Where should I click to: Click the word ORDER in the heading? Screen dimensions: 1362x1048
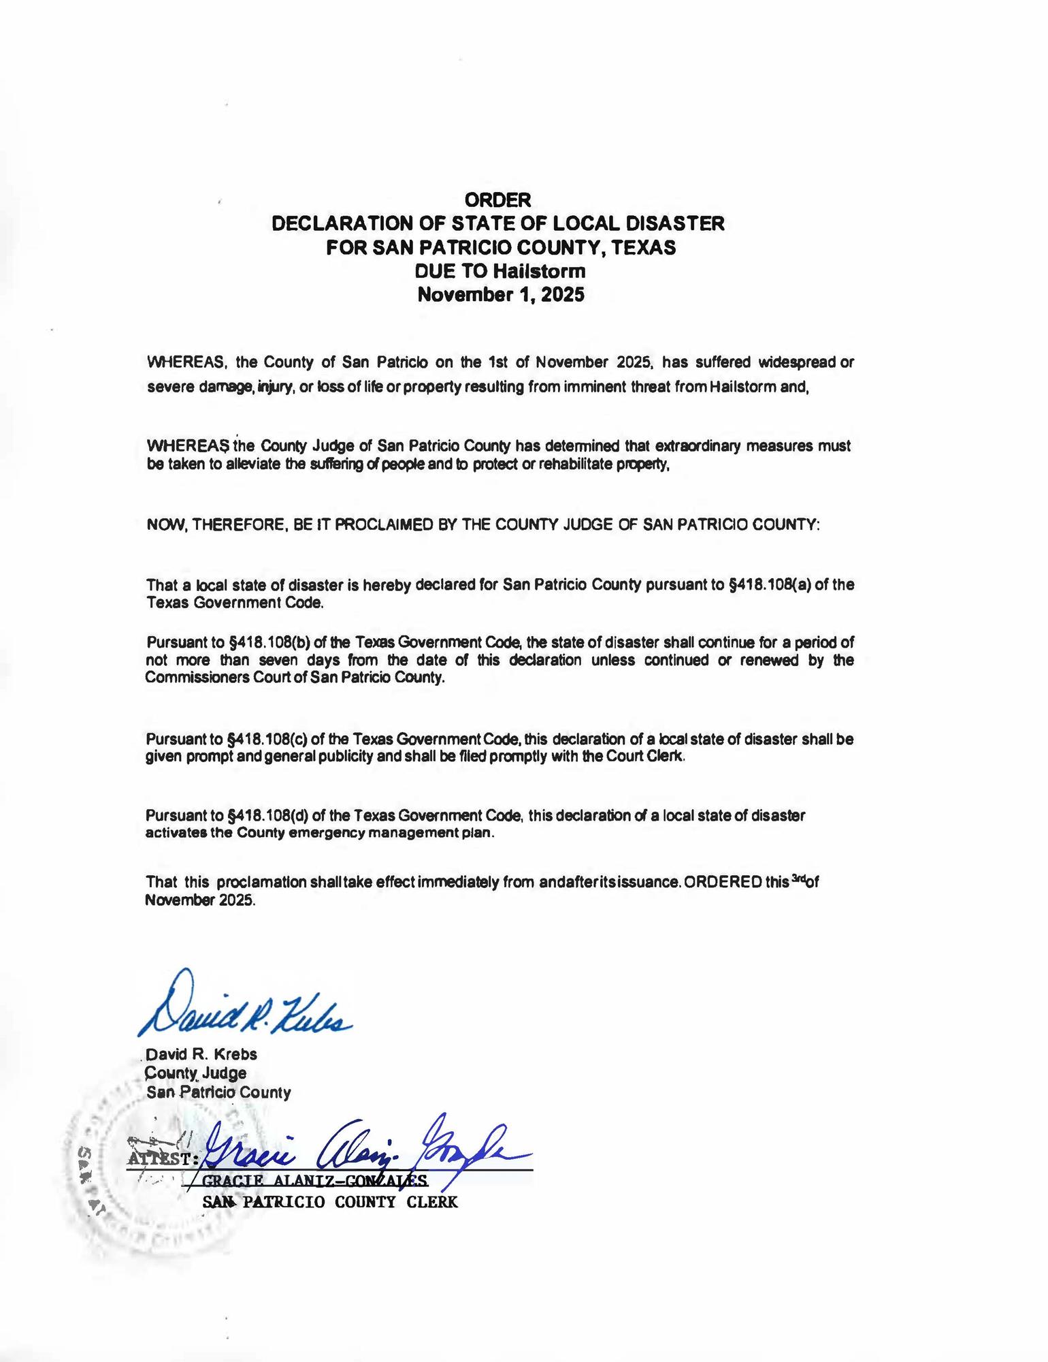click(x=497, y=200)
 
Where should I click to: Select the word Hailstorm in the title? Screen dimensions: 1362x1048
click(x=539, y=271)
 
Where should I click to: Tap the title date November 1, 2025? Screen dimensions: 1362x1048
click(x=500, y=295)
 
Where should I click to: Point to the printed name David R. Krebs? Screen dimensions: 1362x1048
click(x=202, y=1054)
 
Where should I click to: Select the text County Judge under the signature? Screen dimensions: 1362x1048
click(x=197, y=1073)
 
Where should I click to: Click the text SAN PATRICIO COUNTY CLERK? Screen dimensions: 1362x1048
click(x=330, y=1202)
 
